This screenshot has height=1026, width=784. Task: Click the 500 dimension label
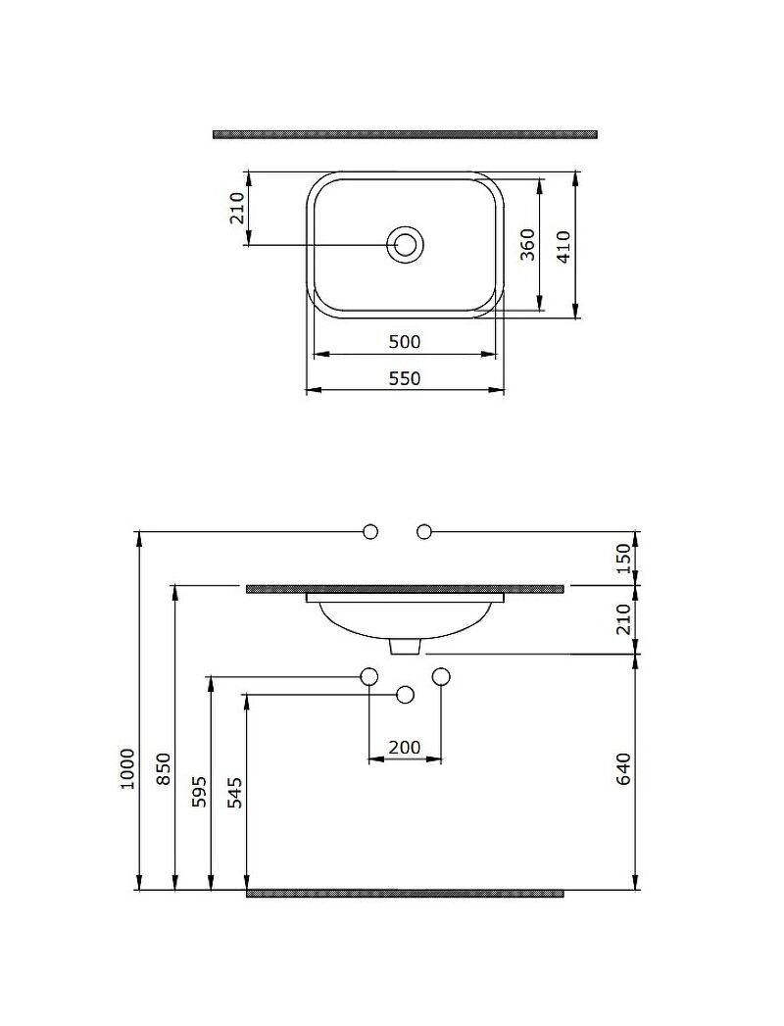[x=405, y=342]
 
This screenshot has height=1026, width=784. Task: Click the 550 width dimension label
[x=405, y=378]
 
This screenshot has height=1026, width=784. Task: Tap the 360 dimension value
[x=527, y=244]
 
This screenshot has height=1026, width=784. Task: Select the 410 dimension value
[x=564, y=246]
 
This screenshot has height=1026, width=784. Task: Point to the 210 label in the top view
[x=237, y=208]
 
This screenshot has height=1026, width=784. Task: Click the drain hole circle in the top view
[x=405, y=245]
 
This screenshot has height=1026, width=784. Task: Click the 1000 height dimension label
[x=127, y=769]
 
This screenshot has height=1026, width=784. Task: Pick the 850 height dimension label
[x=164, y=769]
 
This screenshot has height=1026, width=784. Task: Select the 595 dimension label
[x=200, y=792]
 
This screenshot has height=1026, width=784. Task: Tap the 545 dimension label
[x=236, y=792]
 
